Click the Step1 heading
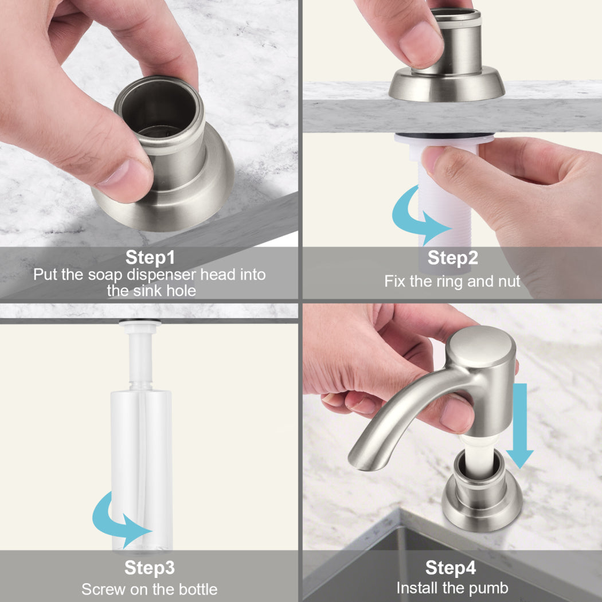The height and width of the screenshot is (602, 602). pos(150,257)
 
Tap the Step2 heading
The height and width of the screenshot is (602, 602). pos(453,257)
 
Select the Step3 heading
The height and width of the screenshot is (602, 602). pos(149,568)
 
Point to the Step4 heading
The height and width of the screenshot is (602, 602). pos(450,568)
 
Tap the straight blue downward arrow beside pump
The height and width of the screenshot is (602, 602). pos(520,425)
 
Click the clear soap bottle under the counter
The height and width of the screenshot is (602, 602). pos(142,470)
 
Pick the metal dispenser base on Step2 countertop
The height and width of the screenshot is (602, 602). pos(447,84)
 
